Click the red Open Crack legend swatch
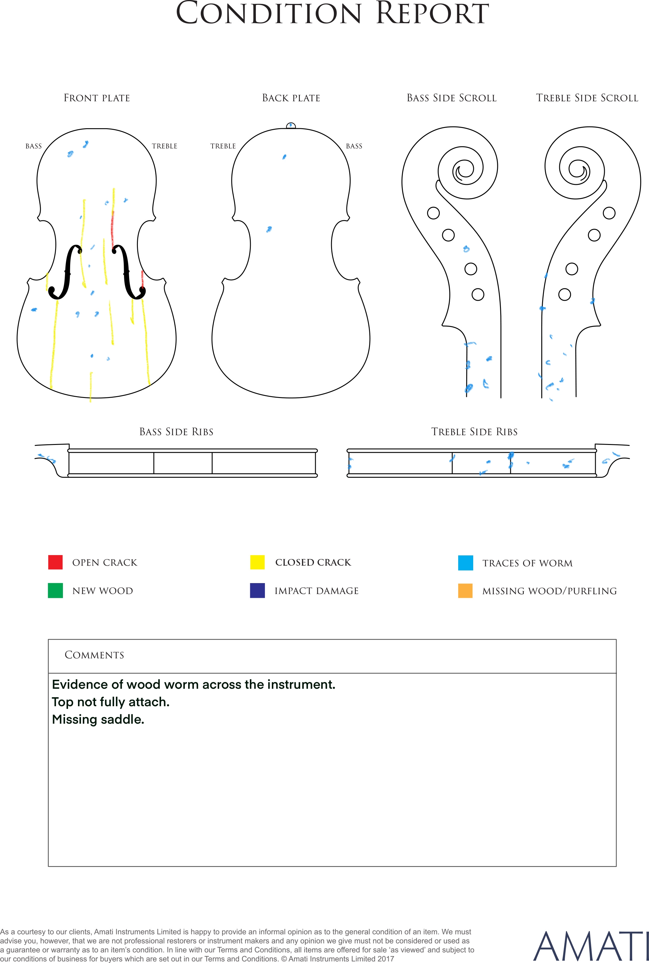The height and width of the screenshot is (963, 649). point(55,562)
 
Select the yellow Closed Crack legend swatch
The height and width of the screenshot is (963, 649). point(257,562)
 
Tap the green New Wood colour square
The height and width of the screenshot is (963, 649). point(55,591)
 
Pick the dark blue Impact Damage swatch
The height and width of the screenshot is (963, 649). point(257,591)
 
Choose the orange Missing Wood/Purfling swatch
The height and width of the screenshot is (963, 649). point(465,591)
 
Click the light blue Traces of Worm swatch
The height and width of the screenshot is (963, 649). point(465,563)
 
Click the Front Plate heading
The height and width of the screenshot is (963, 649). point(97,98)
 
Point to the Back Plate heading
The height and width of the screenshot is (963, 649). point(291,98)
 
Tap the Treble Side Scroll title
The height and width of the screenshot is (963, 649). point(587,98)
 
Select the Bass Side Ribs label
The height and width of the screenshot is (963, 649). point(176,432)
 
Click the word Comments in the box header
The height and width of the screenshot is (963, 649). point(95,655)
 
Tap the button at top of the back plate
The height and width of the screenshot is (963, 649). point(291,126)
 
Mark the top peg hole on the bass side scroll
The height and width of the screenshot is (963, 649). point(433,213)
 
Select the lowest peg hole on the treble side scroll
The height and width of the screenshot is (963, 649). point(565,295)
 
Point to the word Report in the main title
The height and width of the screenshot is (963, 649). point(433,13)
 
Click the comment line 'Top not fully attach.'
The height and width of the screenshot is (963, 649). point(111,702)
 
